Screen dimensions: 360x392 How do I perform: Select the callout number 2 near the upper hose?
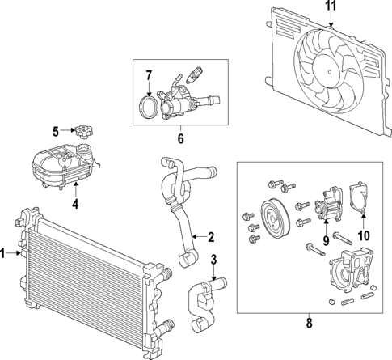210,237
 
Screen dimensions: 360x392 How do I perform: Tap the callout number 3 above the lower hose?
213,260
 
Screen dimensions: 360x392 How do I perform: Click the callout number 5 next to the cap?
56,130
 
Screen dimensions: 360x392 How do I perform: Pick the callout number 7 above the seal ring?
148,76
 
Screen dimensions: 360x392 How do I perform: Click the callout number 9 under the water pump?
327,239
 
